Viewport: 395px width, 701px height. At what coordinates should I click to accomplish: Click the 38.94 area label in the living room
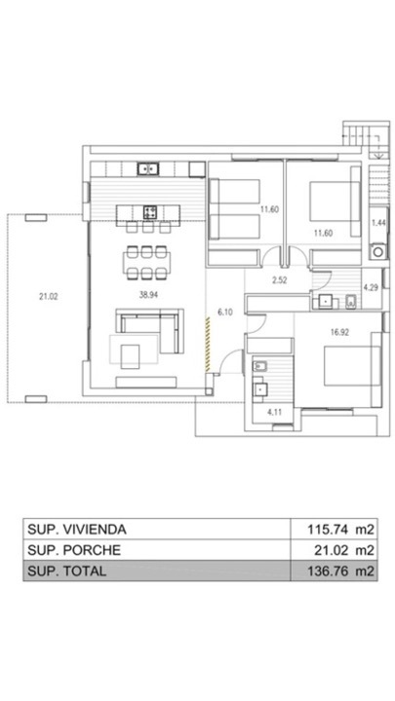pyautogui.click(x=148, y=294)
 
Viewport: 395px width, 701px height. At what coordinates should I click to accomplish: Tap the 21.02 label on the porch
pyautogui.click(x=48, y=296)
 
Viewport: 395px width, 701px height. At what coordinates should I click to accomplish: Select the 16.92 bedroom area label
pyautogui.click(x=338, y=332)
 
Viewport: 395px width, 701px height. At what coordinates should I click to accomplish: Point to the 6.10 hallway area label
pyautogui.click(x=225, y=313)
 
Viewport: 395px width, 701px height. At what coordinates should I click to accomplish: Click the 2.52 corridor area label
pyautogui.click(x=279, y=280)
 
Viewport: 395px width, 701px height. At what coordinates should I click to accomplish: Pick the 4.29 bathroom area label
pyautogui.click(x=371, y=287)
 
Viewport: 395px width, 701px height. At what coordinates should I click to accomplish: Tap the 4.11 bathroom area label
pyautogui.click(x=274, y=412)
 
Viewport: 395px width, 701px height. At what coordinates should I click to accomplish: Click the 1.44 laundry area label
pyautogui.click(x=378, y=224)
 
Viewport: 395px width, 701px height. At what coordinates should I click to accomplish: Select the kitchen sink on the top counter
pyautogui.click(x=148, y=168)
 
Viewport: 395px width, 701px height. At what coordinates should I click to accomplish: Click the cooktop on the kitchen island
pyautogui.click(x=150, y=212)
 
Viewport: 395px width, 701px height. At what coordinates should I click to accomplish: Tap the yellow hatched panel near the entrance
pyautogui.click(x=208, y=344)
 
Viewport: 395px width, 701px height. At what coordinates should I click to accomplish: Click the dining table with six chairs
pyautogui.click(x=147, y=263)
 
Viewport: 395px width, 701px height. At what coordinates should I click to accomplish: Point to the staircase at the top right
pyautogui.click(x=366, y=140)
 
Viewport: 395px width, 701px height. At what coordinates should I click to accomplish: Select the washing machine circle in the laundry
pyautogui.click(x=378, y=252)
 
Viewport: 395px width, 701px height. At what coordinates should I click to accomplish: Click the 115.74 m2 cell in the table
pyautogui.click(x=340, y=529)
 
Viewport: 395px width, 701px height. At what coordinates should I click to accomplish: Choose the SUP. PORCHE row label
pyautogui.click(x=74, y=550)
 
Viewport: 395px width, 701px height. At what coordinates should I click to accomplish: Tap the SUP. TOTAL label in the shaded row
pyautogui.click(x=66, y=571)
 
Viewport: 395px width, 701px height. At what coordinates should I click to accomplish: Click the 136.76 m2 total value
pyautogui.click(x=340, y=571)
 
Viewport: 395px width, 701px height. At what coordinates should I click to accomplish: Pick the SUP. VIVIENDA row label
pyautogui.click(x=77, y=529)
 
